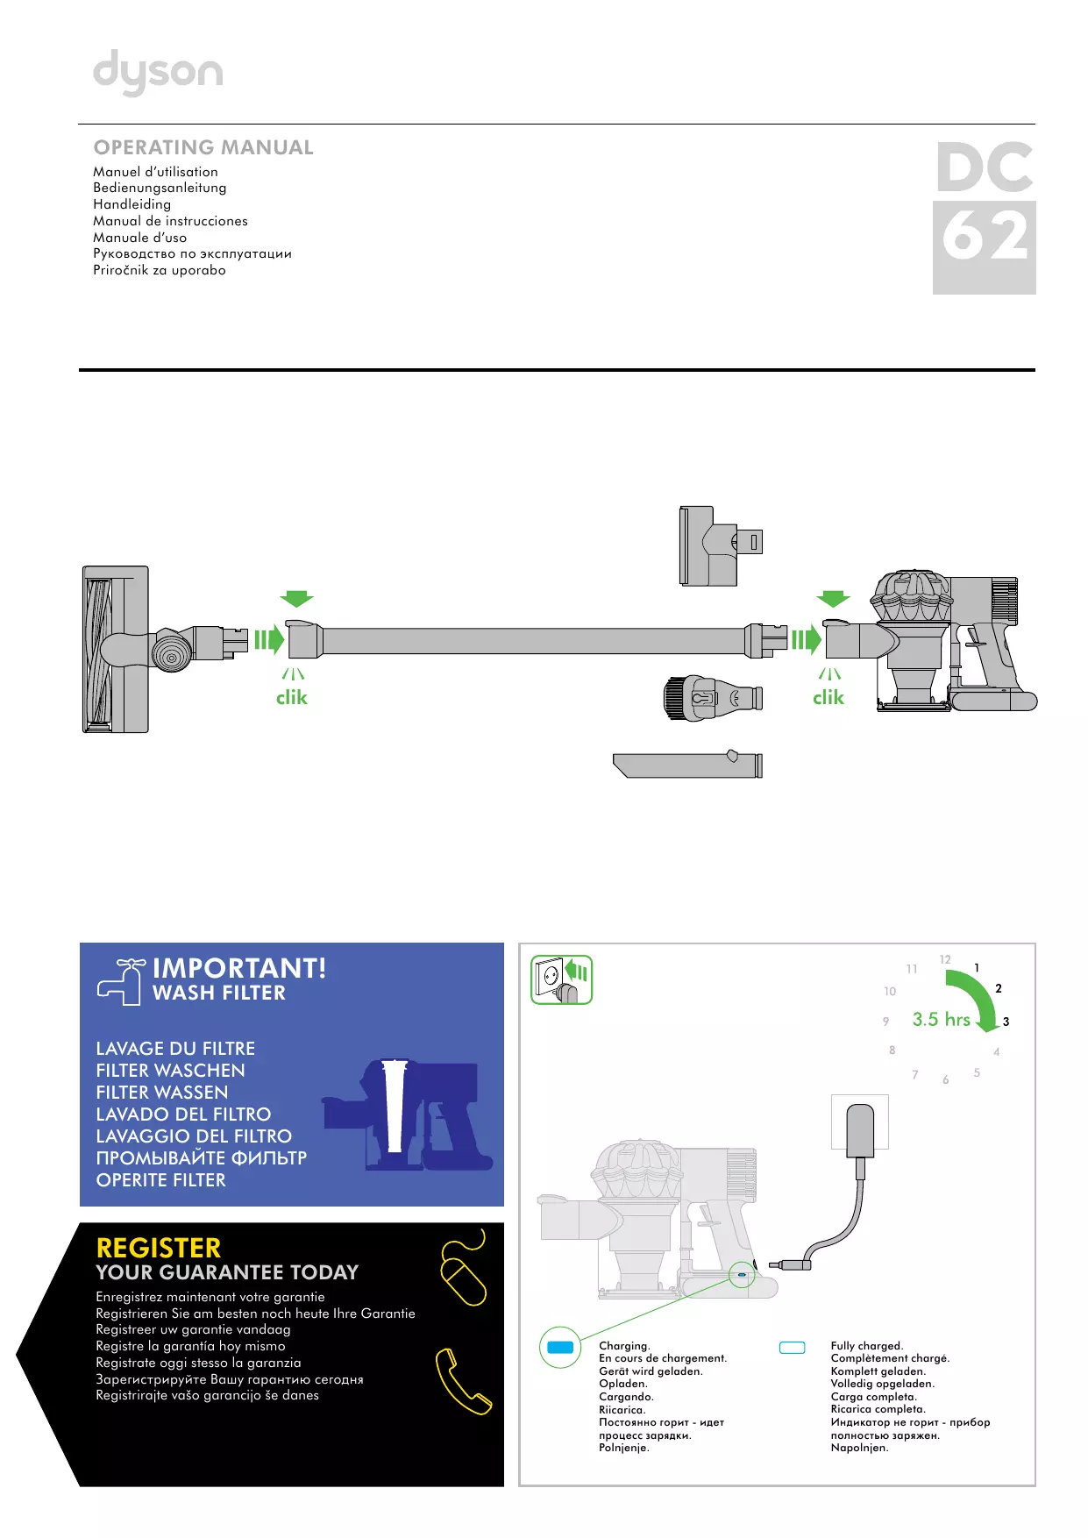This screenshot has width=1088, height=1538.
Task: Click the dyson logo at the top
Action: [x=158, y=73]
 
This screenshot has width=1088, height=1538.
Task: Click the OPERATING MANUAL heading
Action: [x=203, y=147]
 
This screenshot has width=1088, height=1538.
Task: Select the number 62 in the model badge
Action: [x=984, y=238]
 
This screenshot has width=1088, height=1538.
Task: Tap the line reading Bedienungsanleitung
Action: [x=160, y=188]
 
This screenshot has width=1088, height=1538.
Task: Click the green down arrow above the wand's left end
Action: [x=296, y=599]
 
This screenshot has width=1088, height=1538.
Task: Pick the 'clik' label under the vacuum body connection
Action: [x=828, y=697]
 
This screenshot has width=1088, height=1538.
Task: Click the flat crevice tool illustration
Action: [x=687, y=765]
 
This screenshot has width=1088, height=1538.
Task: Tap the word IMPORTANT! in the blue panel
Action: [x=239, y=968]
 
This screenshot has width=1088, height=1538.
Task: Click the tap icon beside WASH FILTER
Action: [x=121, y=981]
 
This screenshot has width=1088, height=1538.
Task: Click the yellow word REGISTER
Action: [x=159, y=1248]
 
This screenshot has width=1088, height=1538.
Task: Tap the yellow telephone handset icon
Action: [x=462, y=1381]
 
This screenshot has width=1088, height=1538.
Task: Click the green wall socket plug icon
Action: [x=561, y=979]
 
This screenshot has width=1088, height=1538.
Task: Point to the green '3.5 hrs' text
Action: [x=941, y=1019]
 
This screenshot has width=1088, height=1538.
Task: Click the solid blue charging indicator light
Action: [x=560, y=1347]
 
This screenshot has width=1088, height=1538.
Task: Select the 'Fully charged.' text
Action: [x=866, y=1345]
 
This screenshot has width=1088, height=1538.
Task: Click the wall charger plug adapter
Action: [x=860, y=1130]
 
